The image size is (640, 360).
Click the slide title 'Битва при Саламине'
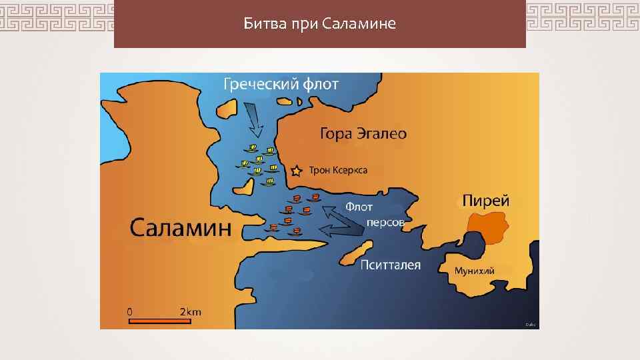(x=319, y=25)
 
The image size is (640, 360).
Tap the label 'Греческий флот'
(x=281, y=84)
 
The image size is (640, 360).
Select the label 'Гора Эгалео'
(x=363, y=134)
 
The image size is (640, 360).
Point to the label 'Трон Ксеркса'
(x=338, y=171)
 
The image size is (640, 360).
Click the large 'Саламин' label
(x=180, y=228)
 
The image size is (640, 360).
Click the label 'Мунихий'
(x=474, y=271)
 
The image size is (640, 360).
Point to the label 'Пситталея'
(x=390, y=265)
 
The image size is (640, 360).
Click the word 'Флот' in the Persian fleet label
(x=359, y=207)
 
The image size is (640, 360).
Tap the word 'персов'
(x=385, y=222)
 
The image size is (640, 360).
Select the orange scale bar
(x=159, y=321)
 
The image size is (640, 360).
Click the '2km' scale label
(x=190, y=311)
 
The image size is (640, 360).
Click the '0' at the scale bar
(x=130, y=311)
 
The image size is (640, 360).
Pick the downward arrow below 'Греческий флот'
(x=254, y=118)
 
